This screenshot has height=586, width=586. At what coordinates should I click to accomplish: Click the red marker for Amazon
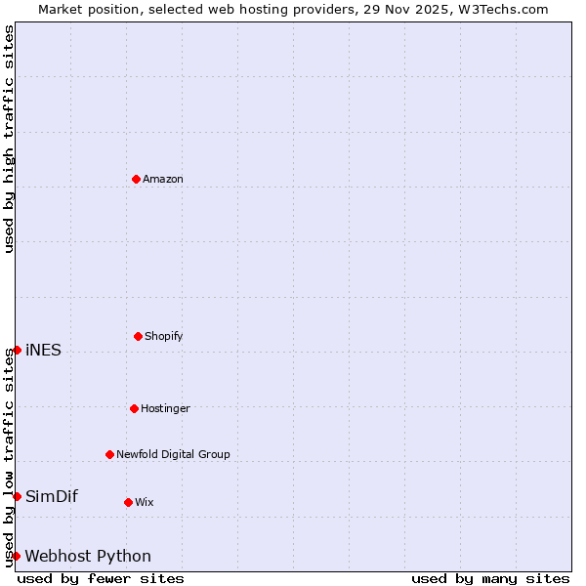coord(136,179)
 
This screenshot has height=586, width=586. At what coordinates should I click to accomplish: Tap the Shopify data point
coord(138,336)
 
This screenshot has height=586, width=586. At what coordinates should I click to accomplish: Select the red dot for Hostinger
coord(134,408)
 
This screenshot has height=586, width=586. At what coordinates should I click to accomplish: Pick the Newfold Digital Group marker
coord(109,454)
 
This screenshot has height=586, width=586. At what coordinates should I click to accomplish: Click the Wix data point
coord(128,502)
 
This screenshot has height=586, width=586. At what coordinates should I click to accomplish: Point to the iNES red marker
coord(17,350)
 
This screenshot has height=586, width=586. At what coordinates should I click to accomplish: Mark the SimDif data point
coord(17,496)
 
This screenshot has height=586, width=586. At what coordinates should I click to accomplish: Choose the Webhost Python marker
coord(17,556)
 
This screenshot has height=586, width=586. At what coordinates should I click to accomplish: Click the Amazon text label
coord(163,179)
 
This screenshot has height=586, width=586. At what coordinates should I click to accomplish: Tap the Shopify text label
coord(164,336)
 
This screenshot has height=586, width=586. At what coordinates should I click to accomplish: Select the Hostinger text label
coord(165,408)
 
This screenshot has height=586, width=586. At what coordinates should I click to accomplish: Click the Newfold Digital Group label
coord(173,454)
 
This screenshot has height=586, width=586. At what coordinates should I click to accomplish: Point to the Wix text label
coord(145,502)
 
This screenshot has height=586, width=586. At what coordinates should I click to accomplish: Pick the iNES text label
coord(43,351)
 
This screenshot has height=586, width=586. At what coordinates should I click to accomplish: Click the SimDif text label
coord(52,496)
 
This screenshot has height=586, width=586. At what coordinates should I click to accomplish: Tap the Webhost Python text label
coord(88,556)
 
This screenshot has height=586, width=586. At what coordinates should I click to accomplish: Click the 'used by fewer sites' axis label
coord(101,578)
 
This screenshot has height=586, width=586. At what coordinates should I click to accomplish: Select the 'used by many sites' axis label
coord(490,578)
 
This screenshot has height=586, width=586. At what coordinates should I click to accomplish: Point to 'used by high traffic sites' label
coord(9,139)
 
